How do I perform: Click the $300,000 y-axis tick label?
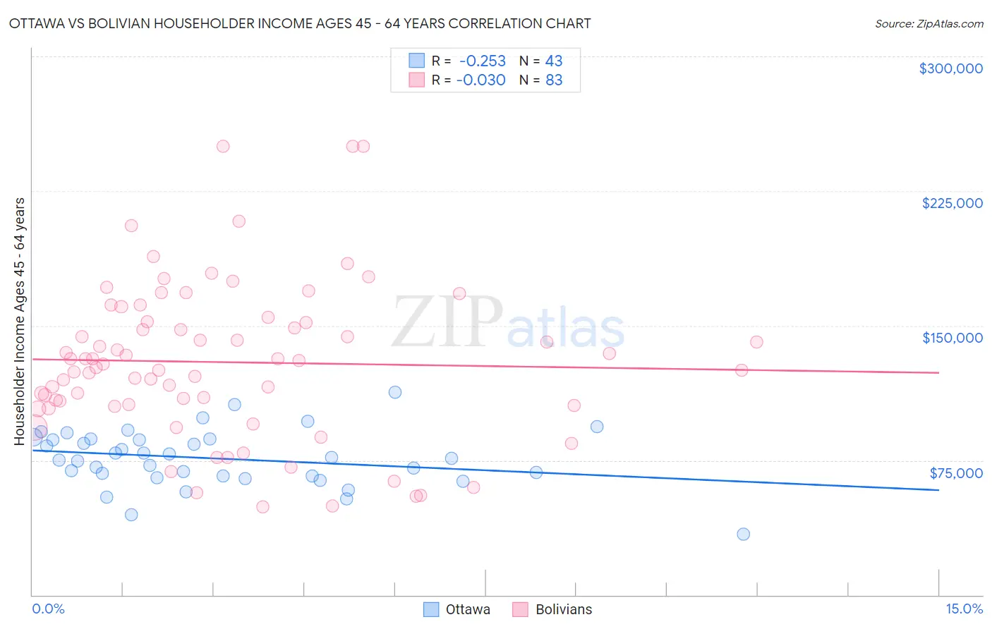[x=950, y=68]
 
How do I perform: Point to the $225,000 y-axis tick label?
[x=952, y=203]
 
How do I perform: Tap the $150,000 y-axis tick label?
[x=952, y=338]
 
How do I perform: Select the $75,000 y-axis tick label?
[x=955, y=473]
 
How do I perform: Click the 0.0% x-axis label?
[x=48, y=609]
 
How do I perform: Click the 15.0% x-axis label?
[x=964, y=609]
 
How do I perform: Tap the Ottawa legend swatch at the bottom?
[x=431, y=609]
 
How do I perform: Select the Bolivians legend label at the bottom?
[x=564, y=609]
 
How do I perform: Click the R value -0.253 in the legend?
[x=482, y=61]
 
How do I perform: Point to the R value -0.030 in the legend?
[x=480, y=80]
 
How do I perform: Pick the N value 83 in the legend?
[x=554, y=80]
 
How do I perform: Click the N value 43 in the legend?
[x=554, y=61]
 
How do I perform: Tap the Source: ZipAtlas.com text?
[x=929, y=23]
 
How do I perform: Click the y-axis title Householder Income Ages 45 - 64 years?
[x=20, y=322]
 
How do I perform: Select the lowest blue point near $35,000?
[x=743, y=534]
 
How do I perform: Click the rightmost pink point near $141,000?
[x=756, y=342]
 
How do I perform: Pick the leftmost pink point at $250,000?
[x=223, y=147]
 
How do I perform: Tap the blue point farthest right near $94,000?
[x=597, y=427]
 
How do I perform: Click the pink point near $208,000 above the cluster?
[x=238, y=221]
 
